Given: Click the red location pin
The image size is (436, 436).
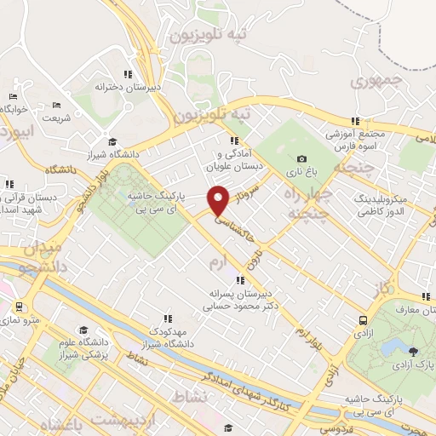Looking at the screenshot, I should pos(220,201).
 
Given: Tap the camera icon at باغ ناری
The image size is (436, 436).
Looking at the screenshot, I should pos(301,158).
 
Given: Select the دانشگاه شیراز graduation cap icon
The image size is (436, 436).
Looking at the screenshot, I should pos(112,142).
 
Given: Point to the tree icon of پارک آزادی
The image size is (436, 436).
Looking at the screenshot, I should pos(414,350).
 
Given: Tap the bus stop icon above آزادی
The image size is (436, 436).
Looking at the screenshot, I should pos(364,320).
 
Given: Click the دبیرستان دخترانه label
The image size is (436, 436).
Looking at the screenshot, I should pos(129,87).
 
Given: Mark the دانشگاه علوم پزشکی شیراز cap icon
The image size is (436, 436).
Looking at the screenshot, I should pos(83,330).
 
